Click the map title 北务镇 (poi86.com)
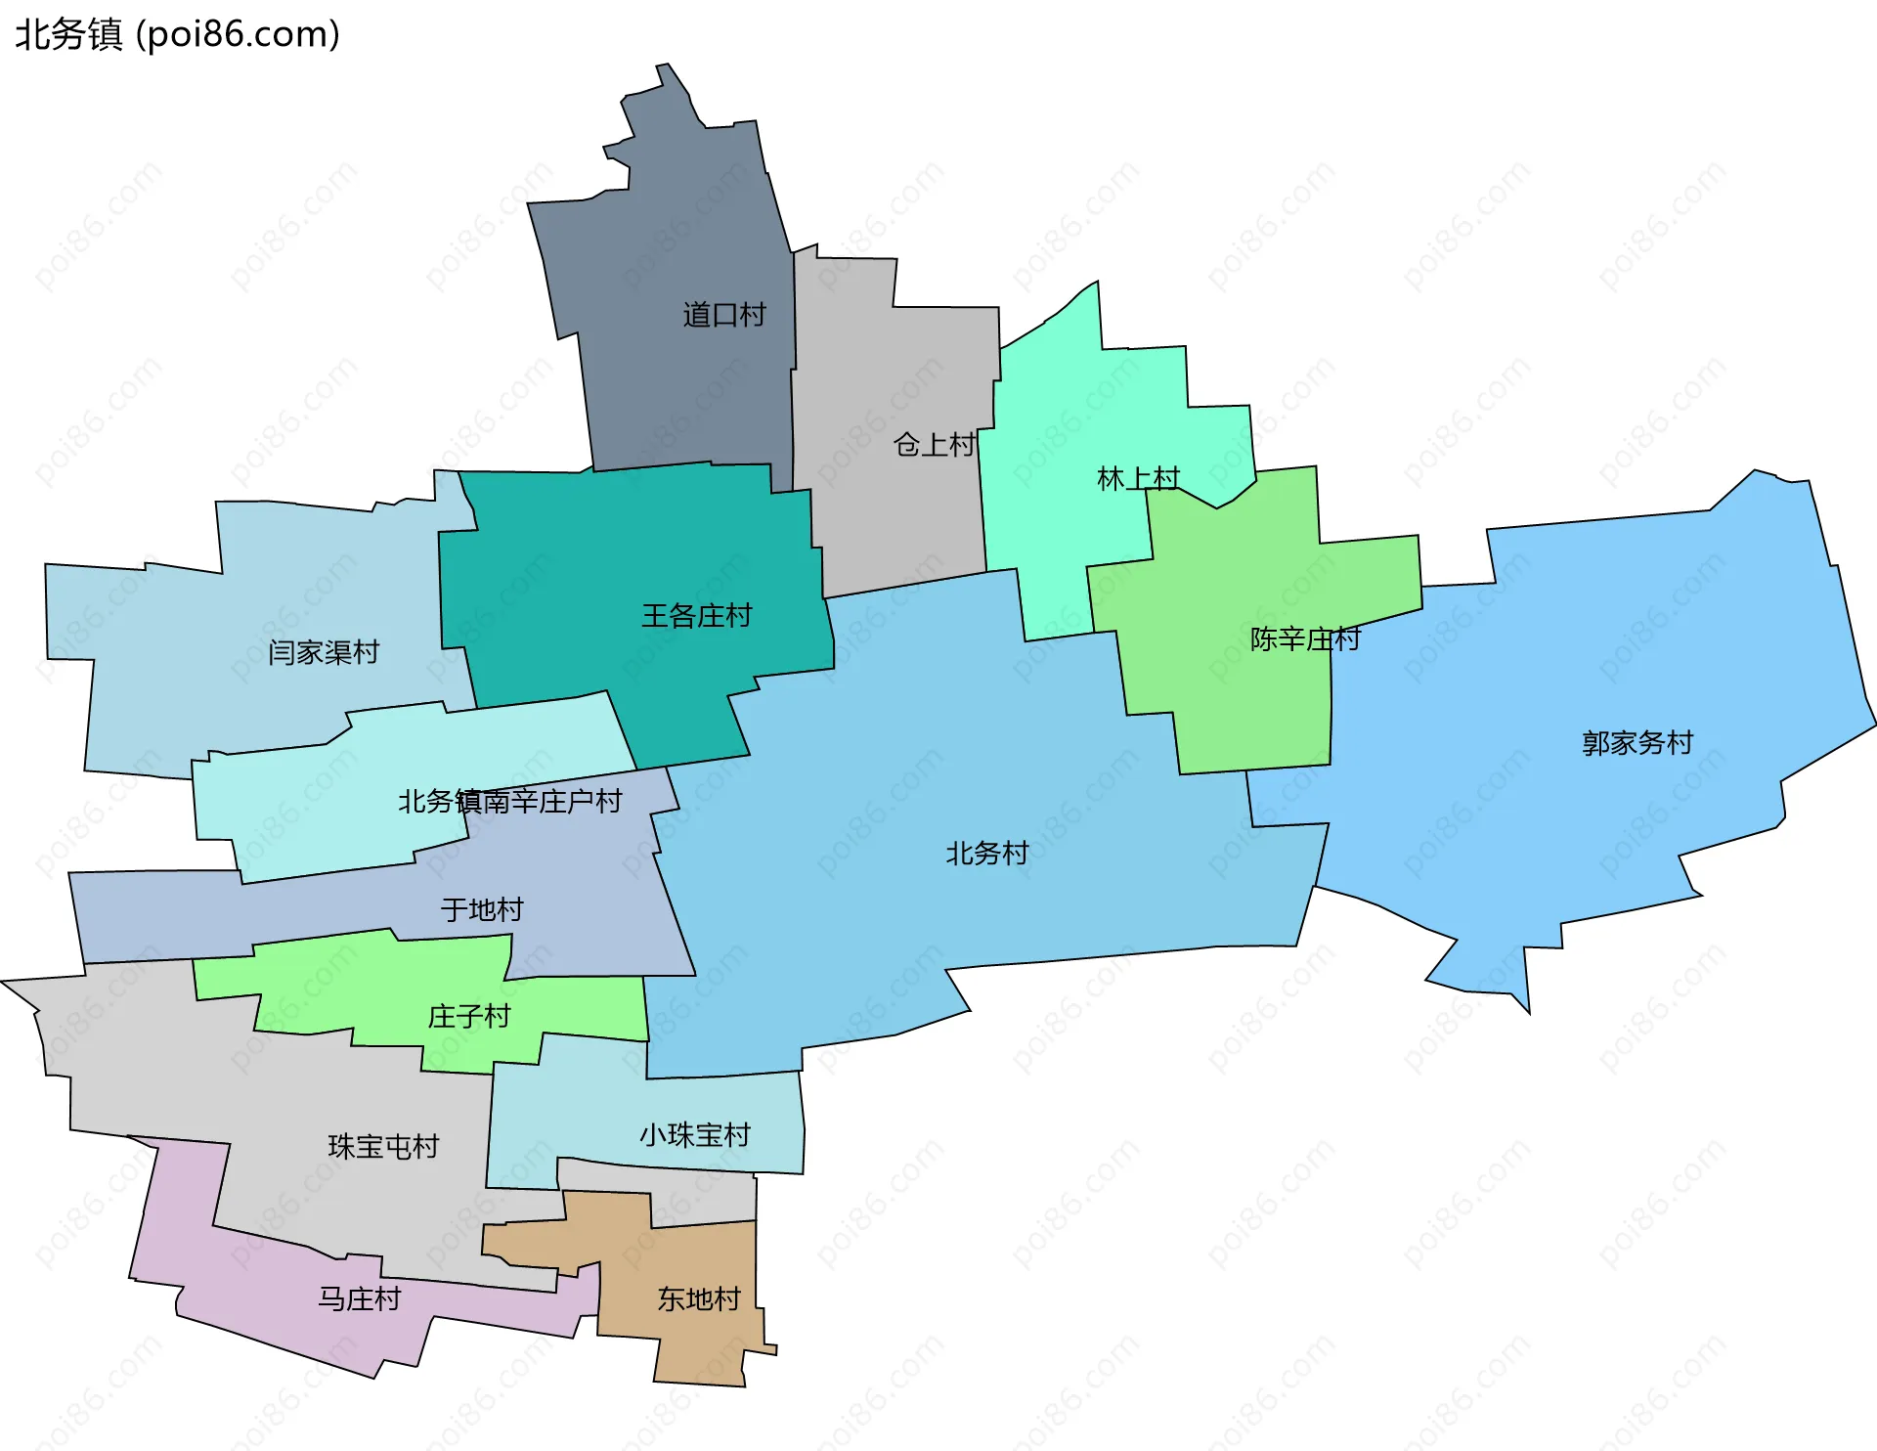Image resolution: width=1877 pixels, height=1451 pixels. pyautogui.click(x=177, y=34)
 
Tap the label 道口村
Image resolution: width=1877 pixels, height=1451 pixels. pyautogui.click(x=723, y=315)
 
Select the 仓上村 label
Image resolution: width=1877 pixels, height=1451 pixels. pyautogui.click(x=934, y=445)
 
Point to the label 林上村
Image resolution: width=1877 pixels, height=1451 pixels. pyautogui.click(x=1138, y=479)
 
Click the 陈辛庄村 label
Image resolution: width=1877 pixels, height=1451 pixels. pyautogui.click(x=1305, y=639)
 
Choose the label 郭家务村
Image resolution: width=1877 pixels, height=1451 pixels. pyautogui.click(x=1637, y=743)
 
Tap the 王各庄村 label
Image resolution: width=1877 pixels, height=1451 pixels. pyautogui.click(x=696, y=616)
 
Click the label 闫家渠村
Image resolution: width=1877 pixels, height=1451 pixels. pyautogui.click(x=324, y=652)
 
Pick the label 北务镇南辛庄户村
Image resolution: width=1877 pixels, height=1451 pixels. pyautogui.click(x=509, y=802)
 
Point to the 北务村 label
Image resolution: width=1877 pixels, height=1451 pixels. pyautogui.click(x=986, y=854)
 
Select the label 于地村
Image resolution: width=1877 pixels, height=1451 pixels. pyautogui.click(x=482, y=910)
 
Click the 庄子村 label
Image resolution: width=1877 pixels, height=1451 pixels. pyautogui.click(x=469, y=1017)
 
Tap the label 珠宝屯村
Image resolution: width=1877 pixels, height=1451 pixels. pyautogui.click(x=383, y=1147)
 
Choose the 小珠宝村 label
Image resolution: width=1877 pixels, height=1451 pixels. pyautogui.click(x=694, y=1135)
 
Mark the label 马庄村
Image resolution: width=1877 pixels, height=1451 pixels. pyautogui.click(x=359, y=1299)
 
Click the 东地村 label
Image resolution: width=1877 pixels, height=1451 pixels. pyautogui.click(x=699, y=1299)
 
